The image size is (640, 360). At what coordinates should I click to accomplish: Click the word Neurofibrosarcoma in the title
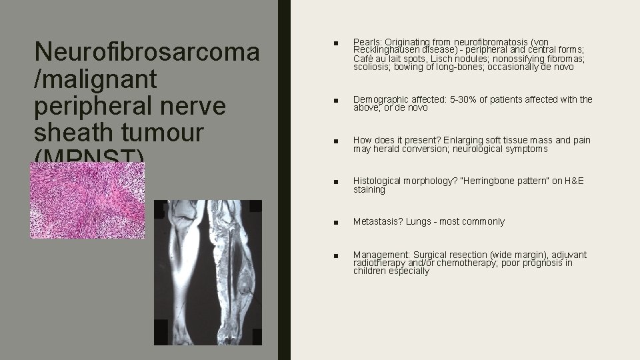click(x=147, y=52)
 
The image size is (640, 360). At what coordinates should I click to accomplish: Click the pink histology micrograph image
click(x=87, y=200)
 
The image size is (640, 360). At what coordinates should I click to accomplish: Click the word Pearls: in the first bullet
click(x=368, y=42)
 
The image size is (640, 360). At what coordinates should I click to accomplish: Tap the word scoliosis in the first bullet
click(x=372, y=67)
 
